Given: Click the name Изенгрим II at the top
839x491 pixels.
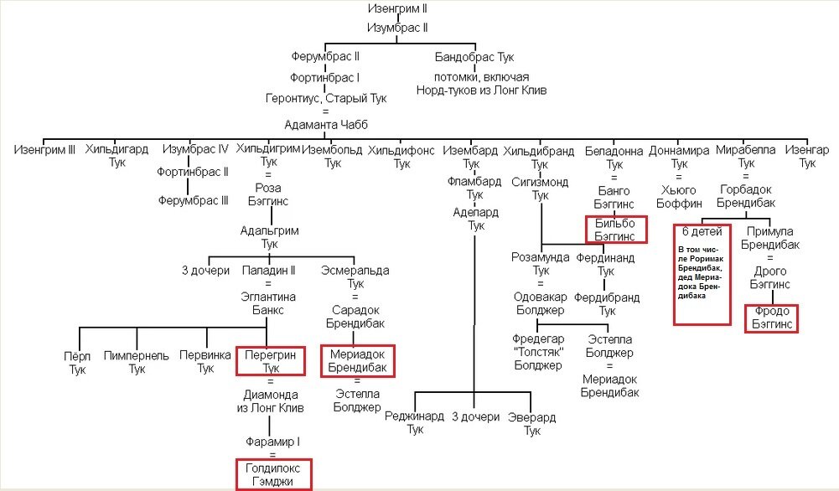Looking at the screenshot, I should pyautogui.click(x=398, y=10).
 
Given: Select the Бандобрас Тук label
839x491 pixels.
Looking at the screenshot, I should pyautogui.click(x=474, y=58).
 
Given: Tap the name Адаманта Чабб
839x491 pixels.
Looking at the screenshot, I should pyautogui.click(x=327, y=125).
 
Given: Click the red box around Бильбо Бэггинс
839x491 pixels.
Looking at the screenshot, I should pyautogui.click(x=615, y=229).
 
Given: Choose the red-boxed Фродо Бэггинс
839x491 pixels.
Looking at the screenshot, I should pyautogui.click(x=771, y=318).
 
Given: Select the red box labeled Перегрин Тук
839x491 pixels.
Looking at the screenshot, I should pyautogui.click(x=271, y=361).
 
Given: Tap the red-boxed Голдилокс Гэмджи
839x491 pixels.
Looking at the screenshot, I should pyautogui.click(x=273, y=474).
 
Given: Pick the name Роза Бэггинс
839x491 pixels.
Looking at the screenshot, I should pyautogui.click(x=268, y=195).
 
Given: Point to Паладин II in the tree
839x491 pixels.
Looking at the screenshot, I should pyautogui.click(x=269, y=270).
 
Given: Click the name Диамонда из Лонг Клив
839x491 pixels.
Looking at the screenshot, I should pyautogui.click(x=271, y=402).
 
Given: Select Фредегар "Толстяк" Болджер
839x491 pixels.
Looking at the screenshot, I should pyautogui.click(x=536, y=351).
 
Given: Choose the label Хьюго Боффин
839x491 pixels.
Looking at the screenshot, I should pyautogui.click(x=679, y=195).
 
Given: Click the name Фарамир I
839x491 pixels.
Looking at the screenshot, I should pyautogui.click(x=272, y=441).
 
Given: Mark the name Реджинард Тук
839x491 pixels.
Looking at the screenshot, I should pyautogui.click(x=415, y=423).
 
